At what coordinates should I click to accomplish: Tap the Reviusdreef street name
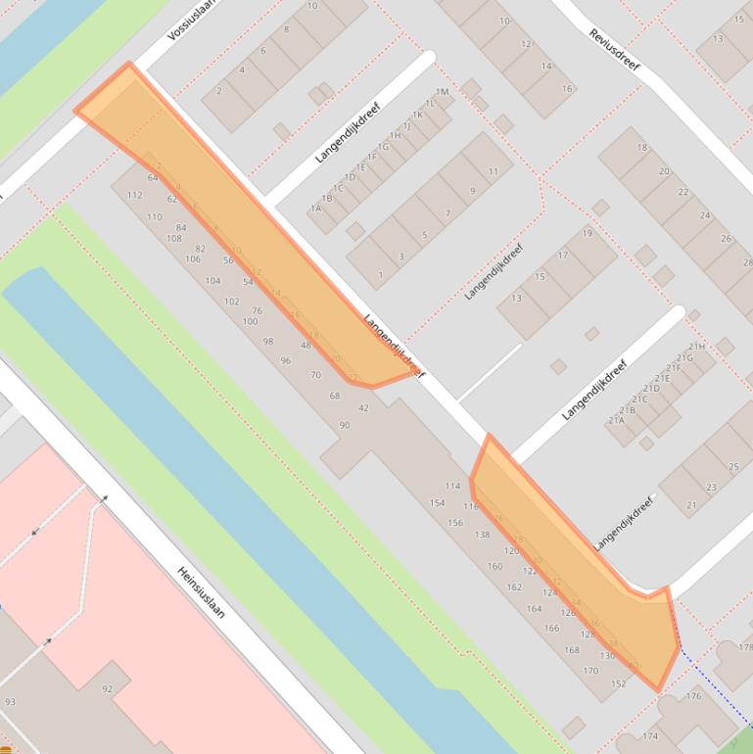[613, 47]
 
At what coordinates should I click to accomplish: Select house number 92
[108, 689]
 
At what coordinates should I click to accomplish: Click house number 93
[10, 702]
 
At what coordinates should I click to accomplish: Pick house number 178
[745, 647]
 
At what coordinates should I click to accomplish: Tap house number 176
[693, 696]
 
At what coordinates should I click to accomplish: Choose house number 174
[650, 735]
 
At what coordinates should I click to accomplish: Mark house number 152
[618, 683]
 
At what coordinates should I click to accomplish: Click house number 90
[345, 425]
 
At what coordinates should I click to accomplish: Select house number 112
[135, 195]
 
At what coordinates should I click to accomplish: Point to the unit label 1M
[442, 92]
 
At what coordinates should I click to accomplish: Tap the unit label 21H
[696, 347]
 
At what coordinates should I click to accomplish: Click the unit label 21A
[616, 420]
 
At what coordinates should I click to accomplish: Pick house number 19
[587, 233]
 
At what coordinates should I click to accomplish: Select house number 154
[437, 502]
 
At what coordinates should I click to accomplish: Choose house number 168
[572, 649]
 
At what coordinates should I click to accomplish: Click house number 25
[735, 465]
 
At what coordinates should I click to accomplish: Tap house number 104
[212, 280]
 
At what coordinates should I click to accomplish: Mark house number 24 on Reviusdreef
[704, 215]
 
